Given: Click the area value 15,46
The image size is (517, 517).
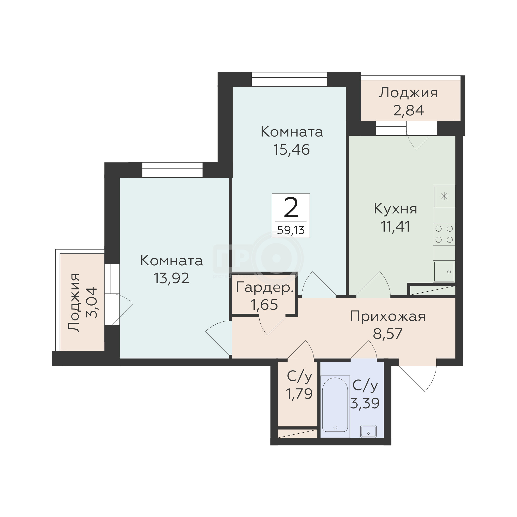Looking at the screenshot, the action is [291, 150].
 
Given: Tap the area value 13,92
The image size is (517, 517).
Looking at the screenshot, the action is [171, 278].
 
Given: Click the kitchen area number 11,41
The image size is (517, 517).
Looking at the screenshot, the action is [395, 227].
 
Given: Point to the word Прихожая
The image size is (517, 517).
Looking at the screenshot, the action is [387, 316].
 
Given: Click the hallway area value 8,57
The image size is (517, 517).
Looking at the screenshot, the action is [387, 334].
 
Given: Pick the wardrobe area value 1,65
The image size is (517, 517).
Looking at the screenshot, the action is [264, 305].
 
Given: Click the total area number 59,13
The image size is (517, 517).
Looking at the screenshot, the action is [291, 230].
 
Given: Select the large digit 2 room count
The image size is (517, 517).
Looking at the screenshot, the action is [291, 208].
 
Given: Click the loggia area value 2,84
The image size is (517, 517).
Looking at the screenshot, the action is [409, 110].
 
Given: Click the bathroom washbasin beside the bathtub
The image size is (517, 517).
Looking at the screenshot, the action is [369, 431].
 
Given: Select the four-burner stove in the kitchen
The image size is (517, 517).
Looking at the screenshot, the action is [444, 234].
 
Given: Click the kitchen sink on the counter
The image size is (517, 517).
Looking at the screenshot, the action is [444, 272].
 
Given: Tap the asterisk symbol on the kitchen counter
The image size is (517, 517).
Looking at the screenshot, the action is [444, 197].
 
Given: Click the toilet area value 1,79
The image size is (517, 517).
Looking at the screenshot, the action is [299, 394].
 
